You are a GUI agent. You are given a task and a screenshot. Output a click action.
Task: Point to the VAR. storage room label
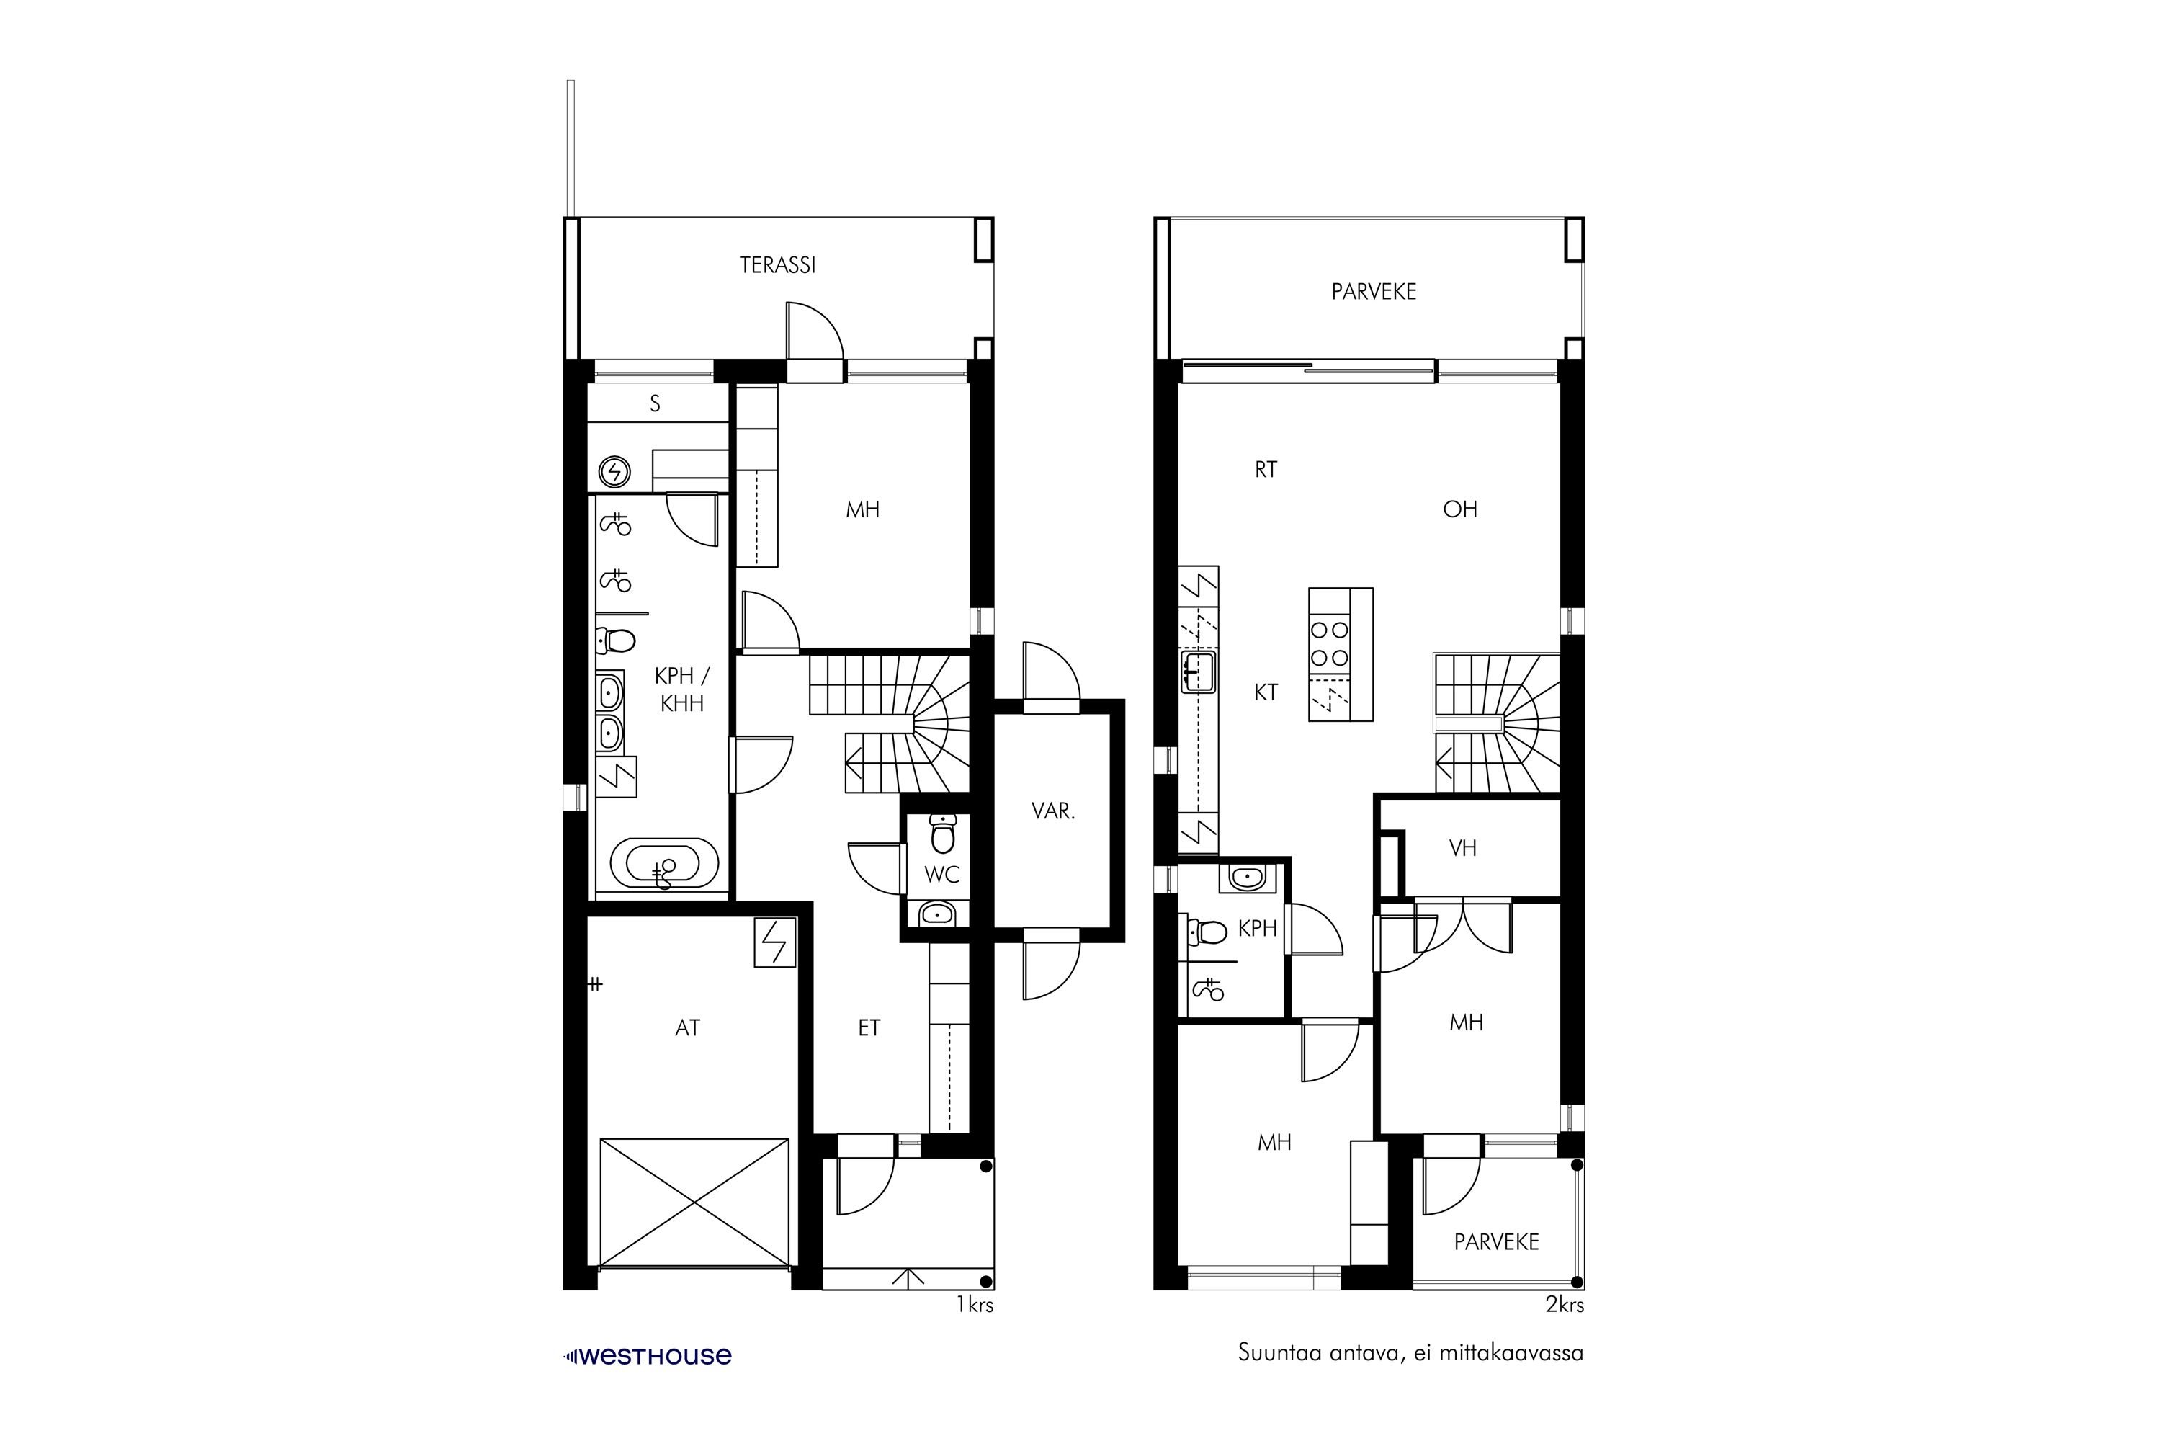(1053, 811)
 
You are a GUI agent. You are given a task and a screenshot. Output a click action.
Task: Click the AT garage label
(687, 1028)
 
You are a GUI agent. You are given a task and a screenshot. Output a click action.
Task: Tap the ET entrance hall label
(869, 1028)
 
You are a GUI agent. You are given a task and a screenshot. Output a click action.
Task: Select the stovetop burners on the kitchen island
(1330, 643)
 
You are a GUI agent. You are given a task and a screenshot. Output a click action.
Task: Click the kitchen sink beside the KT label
(1199, 673)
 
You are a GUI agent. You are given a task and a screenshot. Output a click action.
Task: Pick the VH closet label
(1463, 848)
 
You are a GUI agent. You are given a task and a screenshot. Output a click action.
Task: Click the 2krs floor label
(1565, 1305)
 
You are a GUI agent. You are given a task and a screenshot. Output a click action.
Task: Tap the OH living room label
(1460, 509)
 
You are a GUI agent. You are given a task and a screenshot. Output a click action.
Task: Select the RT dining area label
(1266, 470)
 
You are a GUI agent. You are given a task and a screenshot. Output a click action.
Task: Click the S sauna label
(655, 403)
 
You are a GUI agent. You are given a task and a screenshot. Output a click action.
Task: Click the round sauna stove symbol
(614, 473)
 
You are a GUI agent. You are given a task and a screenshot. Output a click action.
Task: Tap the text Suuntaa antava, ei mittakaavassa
(1410, 1354)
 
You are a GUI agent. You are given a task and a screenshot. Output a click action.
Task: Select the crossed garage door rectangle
(694, 1204)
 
